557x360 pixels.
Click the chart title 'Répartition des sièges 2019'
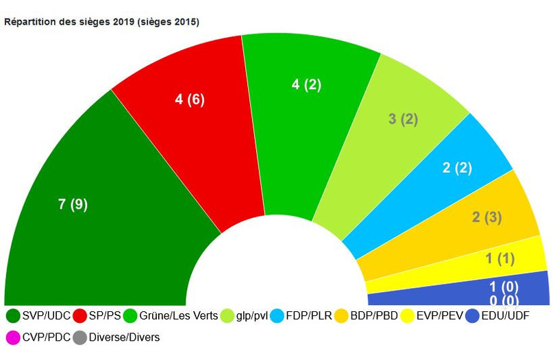[x=101, y=22]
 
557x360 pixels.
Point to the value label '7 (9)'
[x=73, y=204]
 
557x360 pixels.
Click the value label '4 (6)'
[x=190, y=99]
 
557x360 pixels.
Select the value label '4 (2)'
[x=306, y=85]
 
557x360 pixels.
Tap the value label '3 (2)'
[x=403, y=119]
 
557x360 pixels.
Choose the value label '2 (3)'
[x=486, y=217]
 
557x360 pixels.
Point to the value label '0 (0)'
[x=504, y=300]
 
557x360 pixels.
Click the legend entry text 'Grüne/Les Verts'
[x=179, y=316]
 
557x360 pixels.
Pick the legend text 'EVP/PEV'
[x=443, y=316]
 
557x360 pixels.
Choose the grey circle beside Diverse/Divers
[x=80, y=337]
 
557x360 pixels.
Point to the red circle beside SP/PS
[x=80, y=316]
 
